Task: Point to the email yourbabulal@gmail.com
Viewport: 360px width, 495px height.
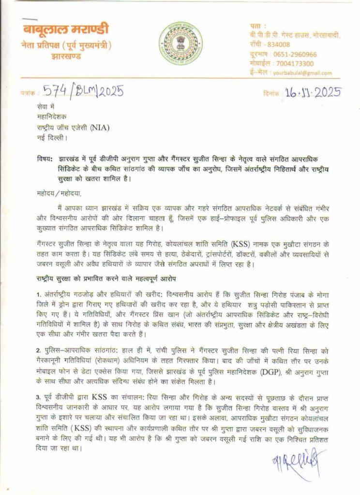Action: pyautogui.click(x=302, y=73)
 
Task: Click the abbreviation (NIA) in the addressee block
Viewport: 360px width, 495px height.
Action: pyautogui.click(x=120, y=128)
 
